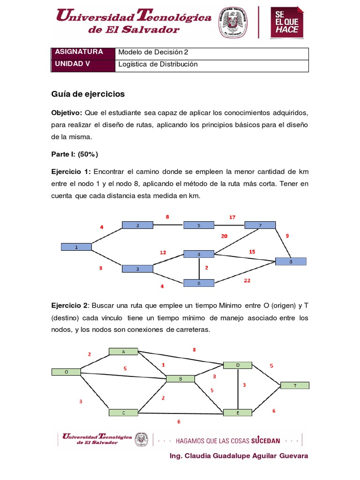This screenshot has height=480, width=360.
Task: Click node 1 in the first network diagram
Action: tap(76, 247)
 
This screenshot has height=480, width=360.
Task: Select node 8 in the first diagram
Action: tap(291, 262)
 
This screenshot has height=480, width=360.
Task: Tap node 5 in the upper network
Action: tap(199, 225)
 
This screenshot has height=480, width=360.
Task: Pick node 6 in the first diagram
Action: tap(199, 283)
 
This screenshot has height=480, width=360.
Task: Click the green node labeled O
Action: tap(66, 372)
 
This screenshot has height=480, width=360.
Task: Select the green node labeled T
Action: tap(295, 385)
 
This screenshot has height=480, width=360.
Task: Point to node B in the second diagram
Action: tap(180, 378)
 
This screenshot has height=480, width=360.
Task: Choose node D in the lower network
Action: tap(238, 365)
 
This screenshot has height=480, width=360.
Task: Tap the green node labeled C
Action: tap(123, 412)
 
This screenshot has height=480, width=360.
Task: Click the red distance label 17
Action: tap(232, 217)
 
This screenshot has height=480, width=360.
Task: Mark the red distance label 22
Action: tap(247, 280)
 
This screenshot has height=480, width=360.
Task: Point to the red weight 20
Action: tap(224, 236)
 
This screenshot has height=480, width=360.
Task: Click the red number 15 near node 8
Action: tap(252, 252)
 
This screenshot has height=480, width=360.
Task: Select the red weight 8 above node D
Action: tap(194, 350)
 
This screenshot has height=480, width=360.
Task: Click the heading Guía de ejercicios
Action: tap(88, 94)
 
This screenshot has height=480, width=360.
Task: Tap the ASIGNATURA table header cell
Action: tap(83, 52)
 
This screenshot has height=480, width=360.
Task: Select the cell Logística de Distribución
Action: tap(158, 65)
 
